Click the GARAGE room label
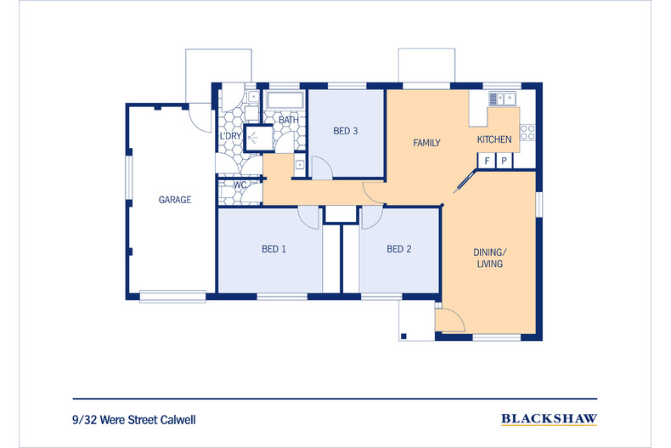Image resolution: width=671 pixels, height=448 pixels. click(x=175, y=200)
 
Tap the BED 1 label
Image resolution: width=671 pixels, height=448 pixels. click(x=273, y=249)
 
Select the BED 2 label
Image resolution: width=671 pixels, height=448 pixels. click(x=399, y=249)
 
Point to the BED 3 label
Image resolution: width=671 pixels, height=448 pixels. click(x=346, y=131)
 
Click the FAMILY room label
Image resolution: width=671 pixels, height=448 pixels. click(x=426, y=143)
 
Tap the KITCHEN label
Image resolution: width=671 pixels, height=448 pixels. click(x=494, y=139)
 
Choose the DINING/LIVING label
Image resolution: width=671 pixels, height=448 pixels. click(x=490, y=258)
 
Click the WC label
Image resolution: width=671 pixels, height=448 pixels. click(x=240, y=185)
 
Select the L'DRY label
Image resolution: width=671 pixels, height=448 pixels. click(x=231, y=136)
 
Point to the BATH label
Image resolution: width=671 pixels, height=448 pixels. click(x=289, y=120)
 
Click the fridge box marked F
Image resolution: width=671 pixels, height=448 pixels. click(x=487, y=161)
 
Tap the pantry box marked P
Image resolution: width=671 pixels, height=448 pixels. click(x=505, y=161)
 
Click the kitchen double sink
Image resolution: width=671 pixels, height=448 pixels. click(x=502, y=99)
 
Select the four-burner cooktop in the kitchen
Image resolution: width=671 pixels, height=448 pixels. click(x=527, y=133)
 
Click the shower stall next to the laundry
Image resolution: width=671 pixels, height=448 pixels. click(x=258, y=138)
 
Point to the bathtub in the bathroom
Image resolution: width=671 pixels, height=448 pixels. click(x=285, y=101)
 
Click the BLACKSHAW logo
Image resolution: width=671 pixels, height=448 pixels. click(x=549, y=419)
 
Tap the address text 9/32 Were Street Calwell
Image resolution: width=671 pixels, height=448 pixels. click(x=134, y=420)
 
